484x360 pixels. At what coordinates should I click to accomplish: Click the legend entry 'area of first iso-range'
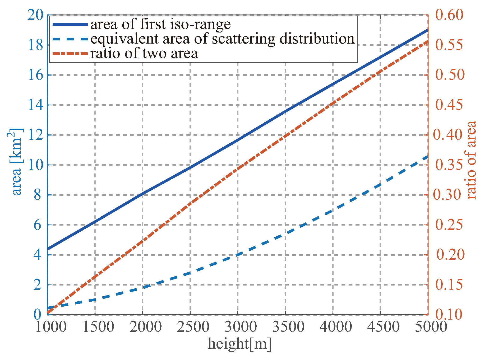click(160, 24)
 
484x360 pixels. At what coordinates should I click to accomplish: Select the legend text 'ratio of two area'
click(144, 54)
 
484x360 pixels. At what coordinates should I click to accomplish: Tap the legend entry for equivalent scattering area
click(222, 39)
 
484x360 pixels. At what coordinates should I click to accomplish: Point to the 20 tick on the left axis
click(35, 15)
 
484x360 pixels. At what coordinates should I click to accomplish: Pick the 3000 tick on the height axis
click(241, 327)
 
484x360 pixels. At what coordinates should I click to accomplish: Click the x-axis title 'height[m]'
click(239, 344)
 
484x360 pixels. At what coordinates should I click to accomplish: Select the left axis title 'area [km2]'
click(16, 162)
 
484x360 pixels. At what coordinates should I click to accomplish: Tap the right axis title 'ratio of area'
click(472, 160)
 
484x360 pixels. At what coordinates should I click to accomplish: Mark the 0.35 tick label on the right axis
click(449, 165)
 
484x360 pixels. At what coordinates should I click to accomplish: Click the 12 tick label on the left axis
click(35, 135)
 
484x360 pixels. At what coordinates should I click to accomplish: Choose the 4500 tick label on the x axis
click(383, 327)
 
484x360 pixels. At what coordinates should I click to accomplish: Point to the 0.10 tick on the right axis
click(449, 314)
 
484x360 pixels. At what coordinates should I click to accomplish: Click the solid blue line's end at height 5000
click(428, 30)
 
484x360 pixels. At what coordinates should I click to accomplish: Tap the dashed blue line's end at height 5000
click(428, 156)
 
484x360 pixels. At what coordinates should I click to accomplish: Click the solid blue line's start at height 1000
click(48, 249)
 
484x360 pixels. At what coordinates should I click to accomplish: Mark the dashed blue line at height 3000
click(238, 255)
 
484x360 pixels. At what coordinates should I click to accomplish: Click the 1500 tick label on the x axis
click(98, 327)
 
